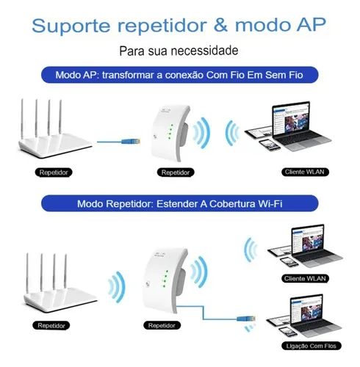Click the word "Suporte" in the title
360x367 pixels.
coord(71,25)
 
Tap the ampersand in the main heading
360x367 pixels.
coord(220,25)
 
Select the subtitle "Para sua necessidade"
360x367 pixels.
coord(179,51)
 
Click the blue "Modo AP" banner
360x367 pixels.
coord(180,75)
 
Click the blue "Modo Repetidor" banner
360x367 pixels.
coord(180,203)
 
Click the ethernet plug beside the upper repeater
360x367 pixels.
coord(131,141)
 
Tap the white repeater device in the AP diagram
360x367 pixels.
coord(170,134)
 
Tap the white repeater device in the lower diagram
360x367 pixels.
coord(165,281)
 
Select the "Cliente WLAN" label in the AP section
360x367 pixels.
coord(305,172)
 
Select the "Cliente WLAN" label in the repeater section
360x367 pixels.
coord(305,278)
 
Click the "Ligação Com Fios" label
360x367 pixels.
coord(311,346)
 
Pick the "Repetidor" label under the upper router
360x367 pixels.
coord(54,172)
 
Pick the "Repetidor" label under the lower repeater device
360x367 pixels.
coord(162,326)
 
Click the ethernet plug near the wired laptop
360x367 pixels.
coord(246,319)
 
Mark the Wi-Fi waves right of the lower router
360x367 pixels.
coord(117,287)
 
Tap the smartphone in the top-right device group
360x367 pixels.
coord(270,145)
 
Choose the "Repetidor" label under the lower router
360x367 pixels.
coord(51,326)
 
